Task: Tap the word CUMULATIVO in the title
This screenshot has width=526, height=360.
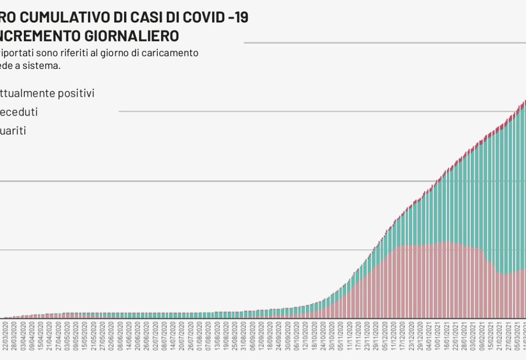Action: pos(61,18)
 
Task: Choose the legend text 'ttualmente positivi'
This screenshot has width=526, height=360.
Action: pos(47,93)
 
